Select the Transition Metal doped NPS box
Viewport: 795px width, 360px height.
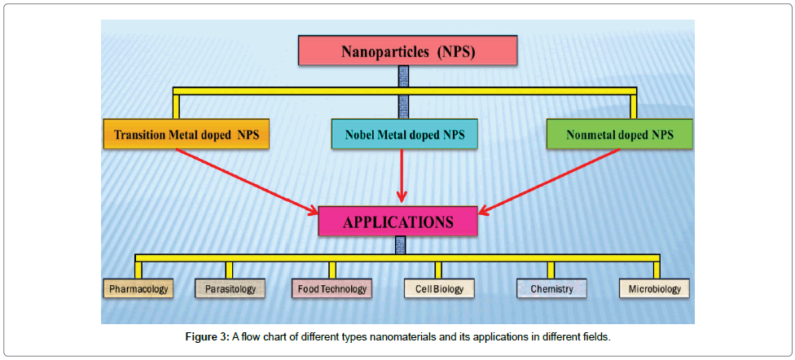tap(186, 134)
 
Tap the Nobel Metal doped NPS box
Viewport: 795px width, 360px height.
tap(404, 134)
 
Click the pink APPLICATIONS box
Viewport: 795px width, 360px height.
tap(397, 222)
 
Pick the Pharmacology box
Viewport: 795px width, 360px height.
tap(138, 288)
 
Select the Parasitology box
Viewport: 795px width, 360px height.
tap(231, 288)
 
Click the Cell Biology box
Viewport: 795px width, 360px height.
tap(439, 288)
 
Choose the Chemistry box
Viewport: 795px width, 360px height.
tap(551, 288)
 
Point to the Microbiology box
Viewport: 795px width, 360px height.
tap(654, 288)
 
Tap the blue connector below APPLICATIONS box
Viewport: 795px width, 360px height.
tap(399, 245)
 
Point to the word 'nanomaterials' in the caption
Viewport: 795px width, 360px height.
tap(388, 336)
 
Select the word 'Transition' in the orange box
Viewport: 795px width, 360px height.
tap(140, 134)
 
